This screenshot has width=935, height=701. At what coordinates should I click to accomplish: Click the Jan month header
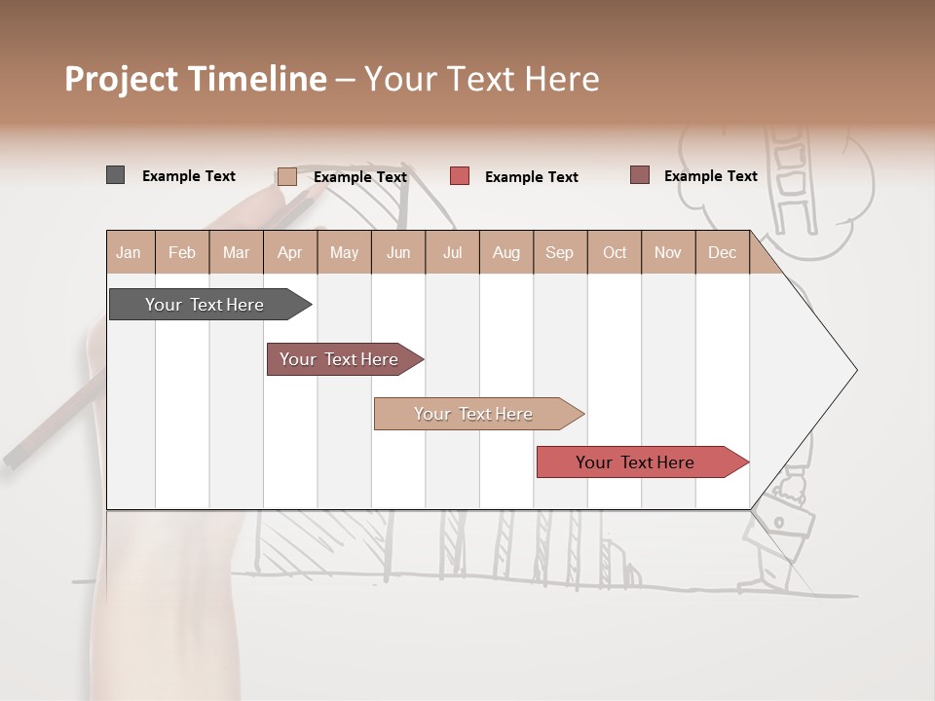click(x=129, y=253)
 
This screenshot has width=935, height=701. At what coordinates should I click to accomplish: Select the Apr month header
click(x=290, y=253)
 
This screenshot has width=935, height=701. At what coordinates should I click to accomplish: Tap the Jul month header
click(x=452, y=253)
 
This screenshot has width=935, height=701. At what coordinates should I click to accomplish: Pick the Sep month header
click(x=559, y=253)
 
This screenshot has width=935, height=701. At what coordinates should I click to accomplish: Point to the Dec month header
click(x=722, y=253)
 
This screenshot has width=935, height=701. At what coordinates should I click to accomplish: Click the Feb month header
click(x=182, y=253)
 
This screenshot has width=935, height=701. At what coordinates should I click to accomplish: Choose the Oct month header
click(x=615, y=253)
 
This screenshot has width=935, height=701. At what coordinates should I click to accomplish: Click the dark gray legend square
click(x=115, y=175)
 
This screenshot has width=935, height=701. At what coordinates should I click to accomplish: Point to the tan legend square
click(x=286, y=176)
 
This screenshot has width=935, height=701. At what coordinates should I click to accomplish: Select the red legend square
click(x=460, y=176)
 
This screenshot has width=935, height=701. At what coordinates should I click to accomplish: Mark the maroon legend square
click(x=639, y=175)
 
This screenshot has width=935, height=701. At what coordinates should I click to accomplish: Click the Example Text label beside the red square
click(x=531, y=177)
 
